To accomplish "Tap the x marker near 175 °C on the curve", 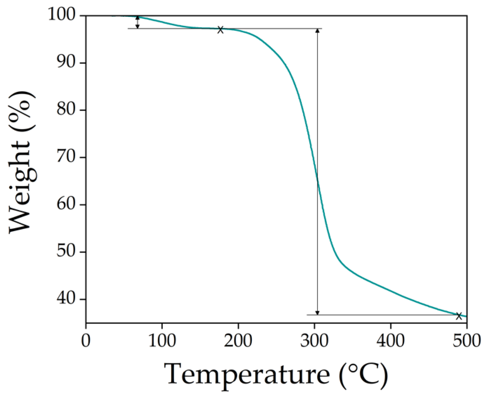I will point(220,30).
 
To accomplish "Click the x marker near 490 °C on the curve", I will point(459,316).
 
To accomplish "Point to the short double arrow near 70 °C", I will point(138,22).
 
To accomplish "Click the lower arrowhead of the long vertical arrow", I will point(317,313).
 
